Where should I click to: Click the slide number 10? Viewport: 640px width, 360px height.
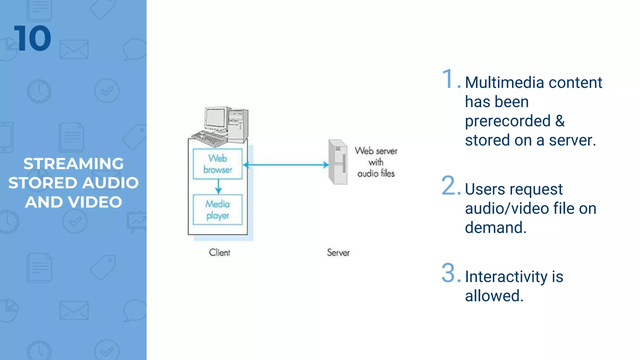32,39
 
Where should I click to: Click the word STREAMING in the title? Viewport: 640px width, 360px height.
73,164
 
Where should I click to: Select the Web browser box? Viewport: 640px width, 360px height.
217,164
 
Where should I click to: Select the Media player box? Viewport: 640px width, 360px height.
217,210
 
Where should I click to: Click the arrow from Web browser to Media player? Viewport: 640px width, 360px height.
218,187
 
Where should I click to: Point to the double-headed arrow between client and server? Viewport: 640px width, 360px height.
286,165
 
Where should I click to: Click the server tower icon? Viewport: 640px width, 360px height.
338,162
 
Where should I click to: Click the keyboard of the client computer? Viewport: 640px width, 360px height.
209,138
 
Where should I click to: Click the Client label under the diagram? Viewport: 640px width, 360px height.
219,252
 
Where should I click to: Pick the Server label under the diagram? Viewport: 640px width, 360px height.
338,252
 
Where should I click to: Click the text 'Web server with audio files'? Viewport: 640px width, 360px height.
376,162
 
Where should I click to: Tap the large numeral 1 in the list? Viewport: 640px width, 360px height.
448,79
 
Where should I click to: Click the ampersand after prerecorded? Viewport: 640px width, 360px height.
560,121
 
